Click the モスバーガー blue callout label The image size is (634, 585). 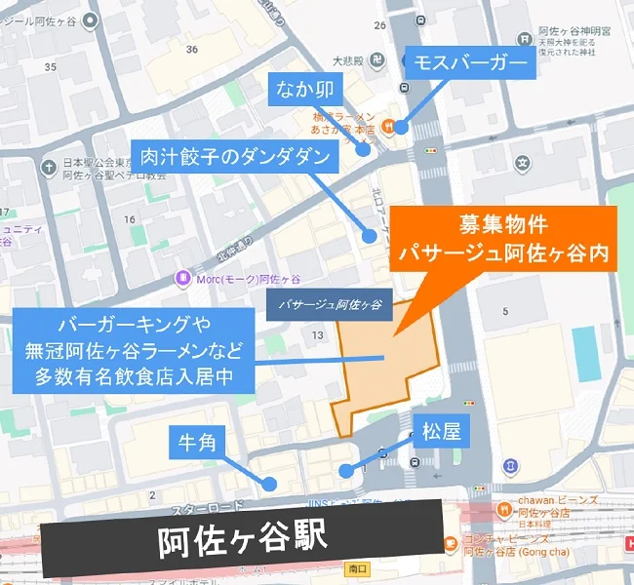pyautogui.click(x=470, y=65)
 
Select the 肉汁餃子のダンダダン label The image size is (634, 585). pyautogui.click(x=236, y=156)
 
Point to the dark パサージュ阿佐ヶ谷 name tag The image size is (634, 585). pyautogui.click(x=329, y=305)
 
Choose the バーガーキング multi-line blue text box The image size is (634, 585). pyautogui.click(x=134, y=349)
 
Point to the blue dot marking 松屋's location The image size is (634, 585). pyautogui.click(x=345, y=471)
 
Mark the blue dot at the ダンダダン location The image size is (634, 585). pyautogui.click(x=370, y=236)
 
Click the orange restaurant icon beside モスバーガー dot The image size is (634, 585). pyautogui.click(x=388, y=125)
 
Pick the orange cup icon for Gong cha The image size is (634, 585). pyautogui.click(x=451, y=543)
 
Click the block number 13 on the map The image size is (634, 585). pyautogui.click(x=316, y=335)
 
